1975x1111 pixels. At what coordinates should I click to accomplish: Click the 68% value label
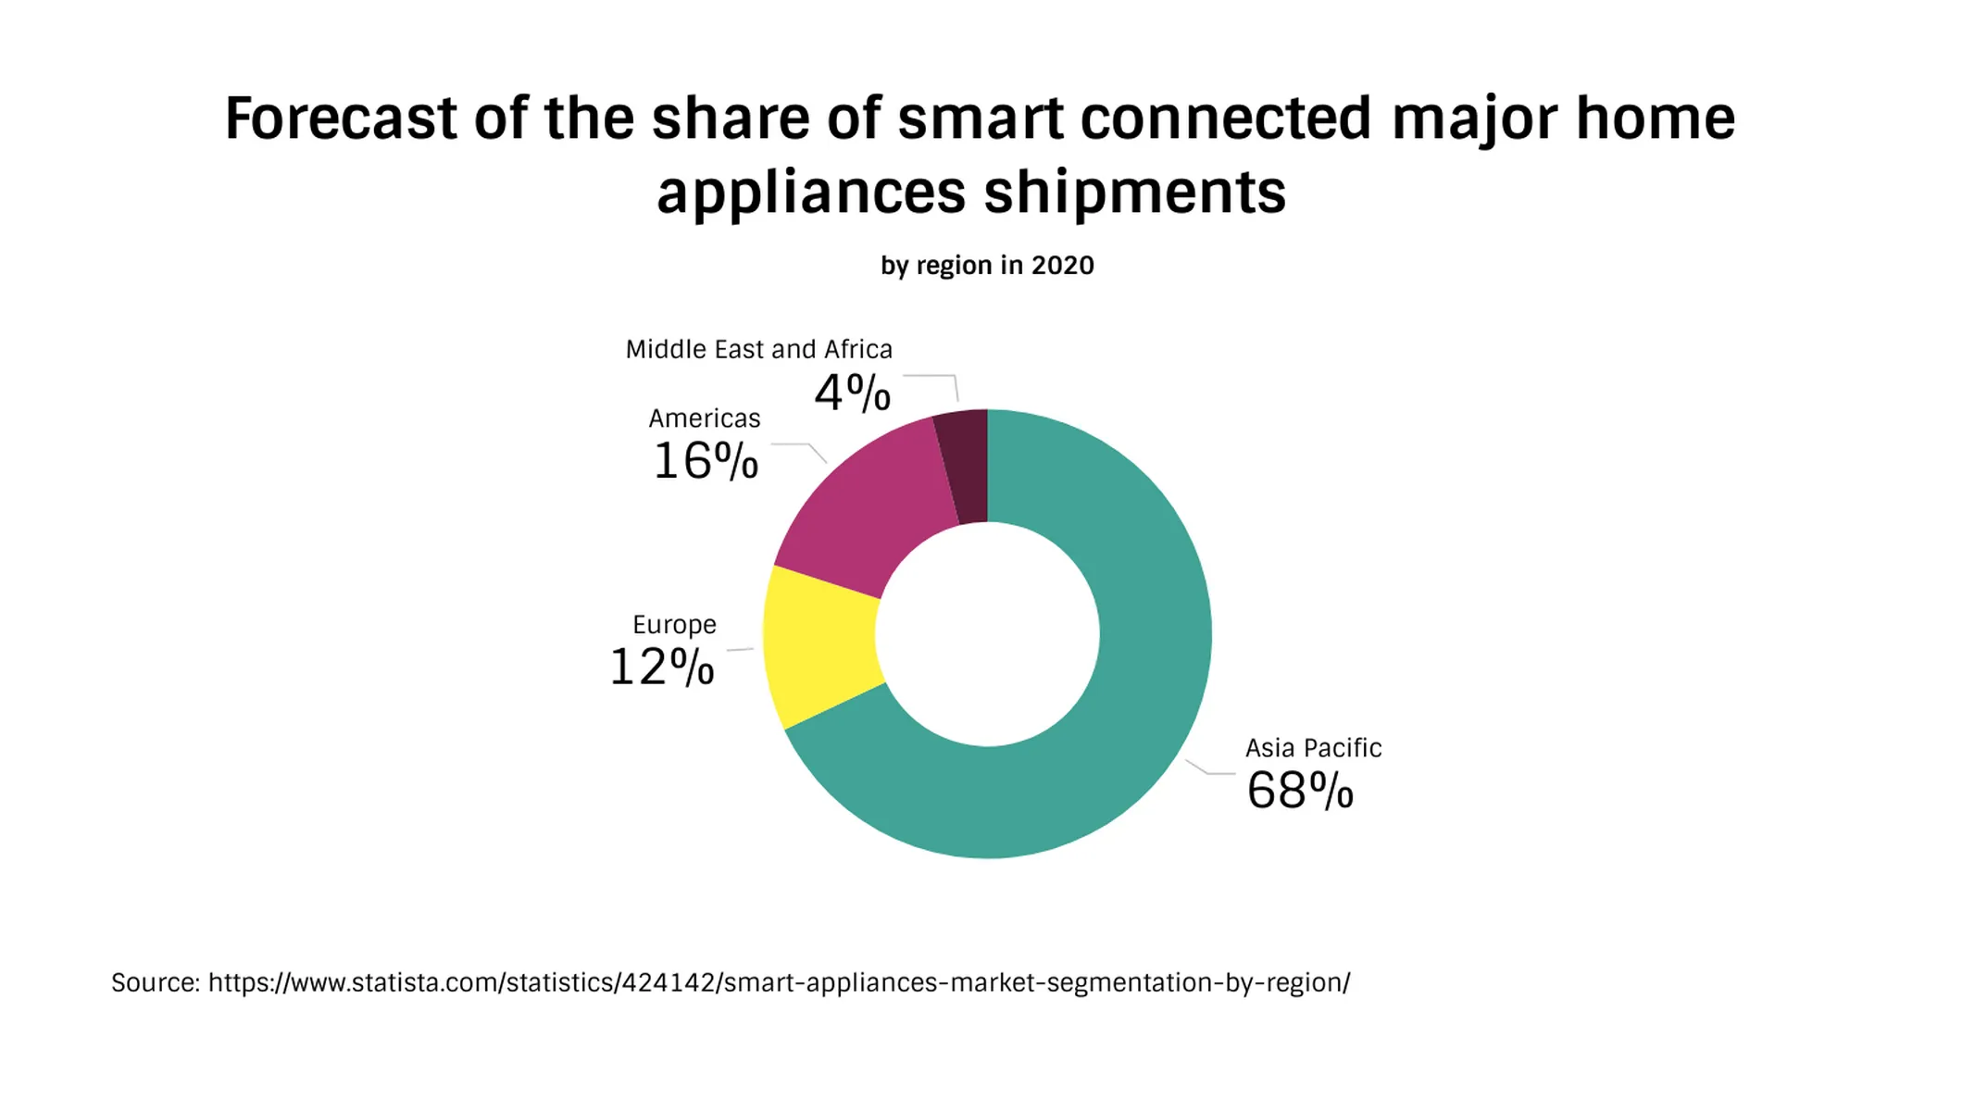pyautogui.click(x=1299, y=791)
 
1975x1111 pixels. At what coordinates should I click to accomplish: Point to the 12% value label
pyautogui.click(x=661, y=667)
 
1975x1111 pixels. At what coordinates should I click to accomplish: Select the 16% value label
pyautogui.click(x=706, y=461)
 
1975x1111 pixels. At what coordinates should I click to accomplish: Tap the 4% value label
pyautogui.click(x=852, y=393)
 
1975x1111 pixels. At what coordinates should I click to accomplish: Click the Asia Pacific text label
pyautogui.click(x=1312, y=748)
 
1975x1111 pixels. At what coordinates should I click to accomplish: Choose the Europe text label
pyautogui.click(x=674, y=625)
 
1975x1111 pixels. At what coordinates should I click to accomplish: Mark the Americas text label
pyautogui.click(x=704, y=418)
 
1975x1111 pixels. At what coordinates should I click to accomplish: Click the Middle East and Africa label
pyautogui.click(x=758, y=350)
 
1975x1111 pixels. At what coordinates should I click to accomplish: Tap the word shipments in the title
pyautogui.click(x=1134, y=193)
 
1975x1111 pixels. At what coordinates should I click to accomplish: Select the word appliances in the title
pyautogui.click(x=811, y=193)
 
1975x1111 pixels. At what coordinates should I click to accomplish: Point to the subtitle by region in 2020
pyautogui.click(x=987, y=266)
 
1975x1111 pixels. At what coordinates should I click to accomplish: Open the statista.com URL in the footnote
pyautogui.click(x=778, y=982)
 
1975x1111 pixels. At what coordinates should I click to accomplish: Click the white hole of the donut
pyautogui.click(x=987, y=634)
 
